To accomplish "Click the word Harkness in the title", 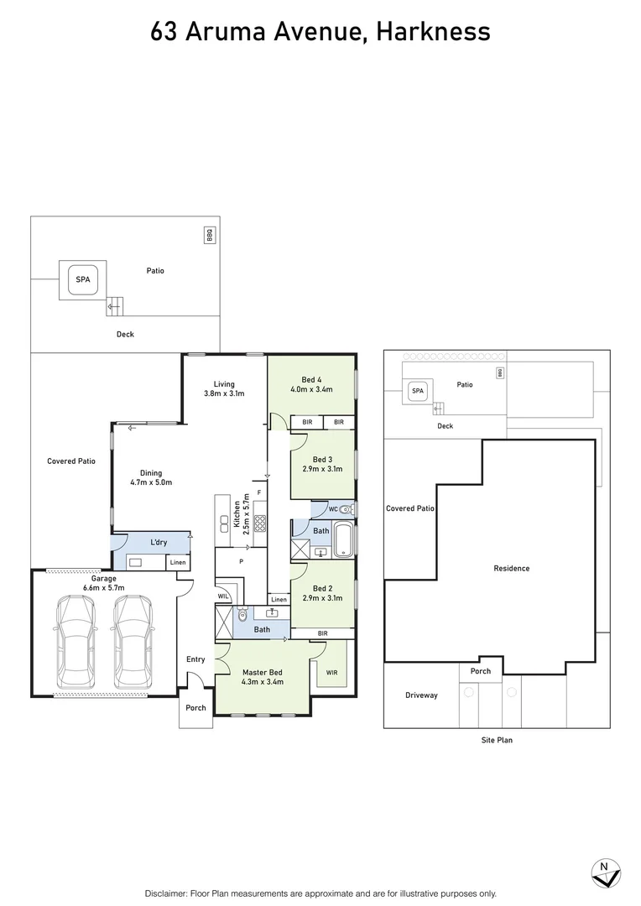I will click(x=433, y=32).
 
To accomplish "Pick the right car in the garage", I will click(x=133, y=643).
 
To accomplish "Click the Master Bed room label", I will click(x=262, y=677).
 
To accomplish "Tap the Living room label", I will click(x=224, y=388).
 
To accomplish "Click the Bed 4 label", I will click(x=311, y=384).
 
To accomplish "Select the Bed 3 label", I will click(x=322, y=464).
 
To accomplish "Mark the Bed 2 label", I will click(x=322, y=593).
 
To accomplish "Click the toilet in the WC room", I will click(x=348, y=509).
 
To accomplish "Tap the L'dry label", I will click(x=158, y=543).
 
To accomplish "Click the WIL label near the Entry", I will click(x=223, y=596).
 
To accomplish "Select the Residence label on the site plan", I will click(x=511, y=569).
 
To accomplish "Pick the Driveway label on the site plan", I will click(x=421, y=695).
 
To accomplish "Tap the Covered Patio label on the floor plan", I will click(x=71, y=461).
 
